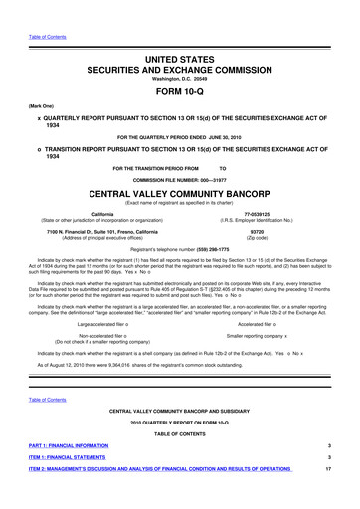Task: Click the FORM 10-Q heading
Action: [180, 70]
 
